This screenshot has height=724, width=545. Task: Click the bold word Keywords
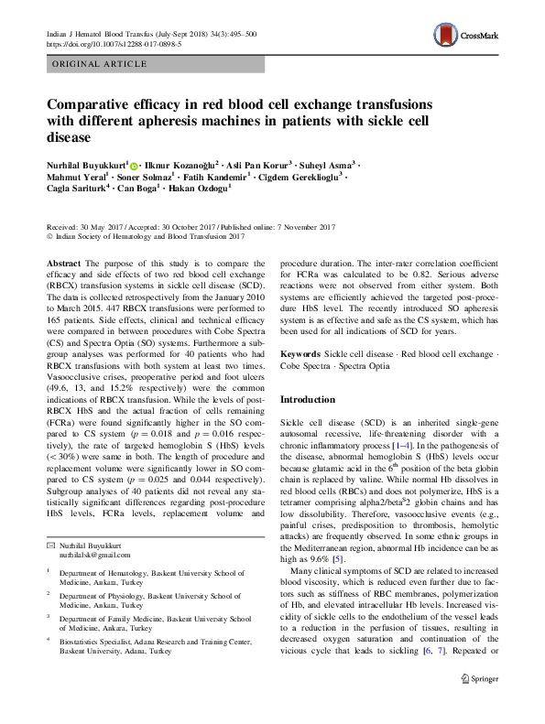pos(300,352)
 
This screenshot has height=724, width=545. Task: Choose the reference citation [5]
pos(338,557)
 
